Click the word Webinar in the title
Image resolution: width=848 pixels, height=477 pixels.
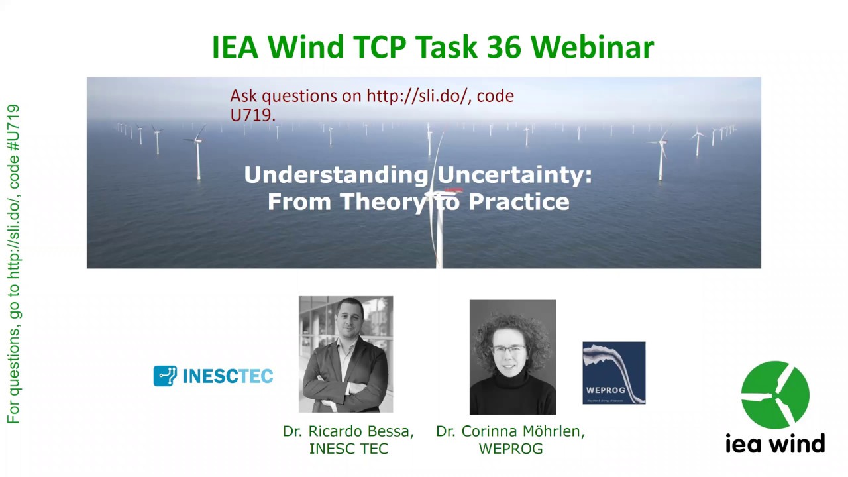point(592,47)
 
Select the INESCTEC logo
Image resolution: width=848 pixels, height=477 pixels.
point(213,376)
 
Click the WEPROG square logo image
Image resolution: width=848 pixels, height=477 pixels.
point(613,373)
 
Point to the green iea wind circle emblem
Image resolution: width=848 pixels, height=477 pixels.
point(775,395)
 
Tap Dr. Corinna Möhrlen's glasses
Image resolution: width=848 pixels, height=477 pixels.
point(509,349)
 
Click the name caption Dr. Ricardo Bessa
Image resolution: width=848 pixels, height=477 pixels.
point(348,431)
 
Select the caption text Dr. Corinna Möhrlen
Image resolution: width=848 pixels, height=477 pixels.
point(510,431)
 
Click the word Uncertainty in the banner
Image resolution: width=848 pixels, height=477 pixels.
point(514,176)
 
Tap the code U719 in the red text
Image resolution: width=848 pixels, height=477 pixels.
point(252,114)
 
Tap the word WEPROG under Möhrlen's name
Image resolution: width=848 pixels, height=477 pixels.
point(510,449)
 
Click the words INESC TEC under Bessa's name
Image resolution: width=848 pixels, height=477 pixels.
point(348,449)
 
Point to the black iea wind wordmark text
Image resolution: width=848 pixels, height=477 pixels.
point(775,443)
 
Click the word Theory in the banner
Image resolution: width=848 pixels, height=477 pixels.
point(379,201)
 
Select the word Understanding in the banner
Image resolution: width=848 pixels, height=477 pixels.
point(336,176)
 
